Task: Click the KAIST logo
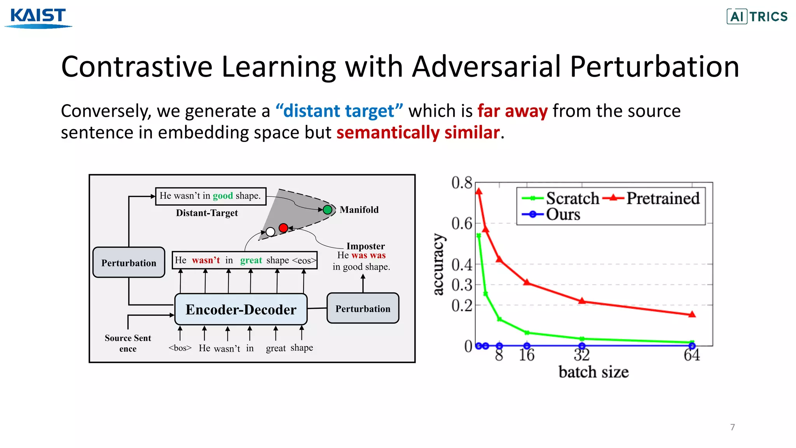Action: (38, 18)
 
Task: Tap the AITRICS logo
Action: (757, 17)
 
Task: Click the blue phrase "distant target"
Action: (339, 111)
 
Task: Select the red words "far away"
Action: (512, 111)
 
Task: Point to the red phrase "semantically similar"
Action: (418, 133)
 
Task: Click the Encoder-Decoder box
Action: (241, 310)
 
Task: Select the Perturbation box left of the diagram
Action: (129, 263)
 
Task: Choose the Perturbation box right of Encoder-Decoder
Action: (363, 309)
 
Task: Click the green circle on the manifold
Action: (328, 210)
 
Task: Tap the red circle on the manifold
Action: (283, 228)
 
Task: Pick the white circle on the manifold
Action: (271, 232)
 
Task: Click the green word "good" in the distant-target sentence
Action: (223, 196)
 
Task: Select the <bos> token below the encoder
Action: (180, 348)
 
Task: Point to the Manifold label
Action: (359, 210)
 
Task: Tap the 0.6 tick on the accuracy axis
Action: (461, 224)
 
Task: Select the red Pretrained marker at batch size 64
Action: (692, 315)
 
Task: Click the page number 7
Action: (732, 427)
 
